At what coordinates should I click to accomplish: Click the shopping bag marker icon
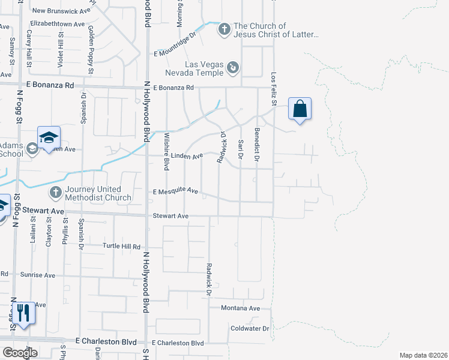click(300, 109)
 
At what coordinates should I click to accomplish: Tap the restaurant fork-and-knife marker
click(23, 313)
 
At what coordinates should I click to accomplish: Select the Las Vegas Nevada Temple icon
click(233, 68)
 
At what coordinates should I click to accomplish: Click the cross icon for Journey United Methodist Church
click(55, 193)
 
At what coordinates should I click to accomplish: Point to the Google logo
click(20, 353)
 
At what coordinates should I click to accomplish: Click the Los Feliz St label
click(273, 89)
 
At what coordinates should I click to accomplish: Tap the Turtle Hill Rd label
click(121, 247)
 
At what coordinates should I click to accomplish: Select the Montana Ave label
click(240, 308)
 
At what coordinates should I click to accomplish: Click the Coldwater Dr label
click(249, 328)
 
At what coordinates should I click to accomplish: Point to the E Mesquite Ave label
click(175, 191)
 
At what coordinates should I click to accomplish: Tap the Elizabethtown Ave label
click(58, 24)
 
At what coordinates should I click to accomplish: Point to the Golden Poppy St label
click(91, 41)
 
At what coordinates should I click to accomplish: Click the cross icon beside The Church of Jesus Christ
click(224, 29)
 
